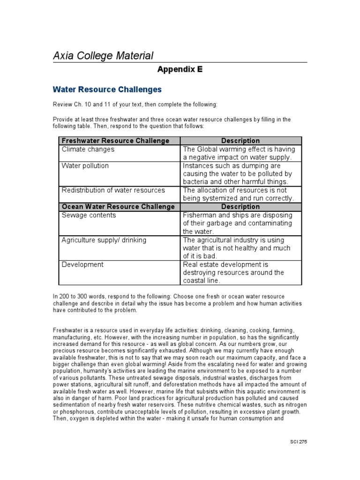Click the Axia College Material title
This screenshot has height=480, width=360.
pos(103,56)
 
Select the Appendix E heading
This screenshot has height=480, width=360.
pos(180,69)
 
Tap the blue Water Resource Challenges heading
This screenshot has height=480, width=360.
pos(107,89)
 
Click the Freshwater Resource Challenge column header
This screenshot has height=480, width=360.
pos(115,141)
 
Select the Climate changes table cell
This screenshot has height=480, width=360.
pos(88,150)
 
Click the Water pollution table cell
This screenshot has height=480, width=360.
pos(85,166)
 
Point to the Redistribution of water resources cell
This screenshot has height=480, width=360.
pos(113,190)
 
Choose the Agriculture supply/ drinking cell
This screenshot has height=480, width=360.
pos(104,240)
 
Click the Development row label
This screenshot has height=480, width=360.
pos(82,265)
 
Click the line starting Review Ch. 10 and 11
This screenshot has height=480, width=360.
pos(135,104)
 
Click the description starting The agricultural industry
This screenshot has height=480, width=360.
pos(237,248)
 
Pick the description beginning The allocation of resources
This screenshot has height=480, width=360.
pos(239,194)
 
